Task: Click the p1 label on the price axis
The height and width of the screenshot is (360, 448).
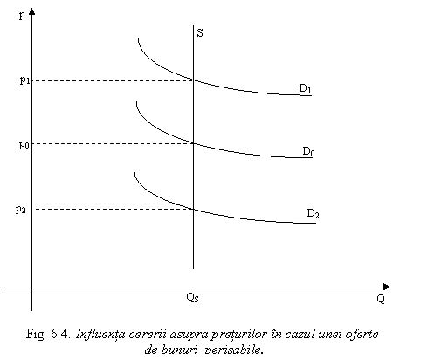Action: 24,80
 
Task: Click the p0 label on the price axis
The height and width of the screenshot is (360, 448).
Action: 24,144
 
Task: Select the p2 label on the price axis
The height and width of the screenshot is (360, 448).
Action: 21,209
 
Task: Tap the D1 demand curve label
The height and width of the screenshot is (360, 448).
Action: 305,88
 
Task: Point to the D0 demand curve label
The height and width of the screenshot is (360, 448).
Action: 308,151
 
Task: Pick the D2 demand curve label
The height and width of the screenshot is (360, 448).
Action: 313,213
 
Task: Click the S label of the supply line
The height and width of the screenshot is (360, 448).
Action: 200,32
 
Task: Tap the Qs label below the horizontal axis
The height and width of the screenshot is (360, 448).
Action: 192,297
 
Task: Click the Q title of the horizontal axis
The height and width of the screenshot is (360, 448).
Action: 381,299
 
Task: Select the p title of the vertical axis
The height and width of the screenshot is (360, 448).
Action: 22,16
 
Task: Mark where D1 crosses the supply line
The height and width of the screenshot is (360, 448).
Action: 194,80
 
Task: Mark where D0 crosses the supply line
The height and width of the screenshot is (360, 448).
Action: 194,143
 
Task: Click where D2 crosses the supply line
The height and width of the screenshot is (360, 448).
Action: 194,209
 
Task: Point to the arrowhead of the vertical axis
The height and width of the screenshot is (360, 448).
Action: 32,11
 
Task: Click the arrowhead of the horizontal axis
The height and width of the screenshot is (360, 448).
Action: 387,287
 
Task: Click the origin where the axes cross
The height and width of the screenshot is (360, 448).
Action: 32,287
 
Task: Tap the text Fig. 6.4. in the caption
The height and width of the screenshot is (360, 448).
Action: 48,335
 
